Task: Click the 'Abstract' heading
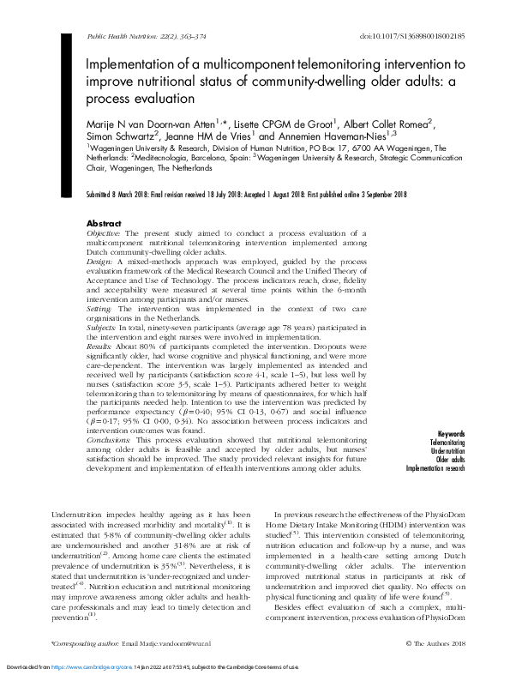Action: pyautogui.click(x=105, y=222)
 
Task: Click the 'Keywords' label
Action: pyautogui.click(x=452, y=435)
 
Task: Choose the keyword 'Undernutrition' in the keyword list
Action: pyautogui.click(x=448, y=450)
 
